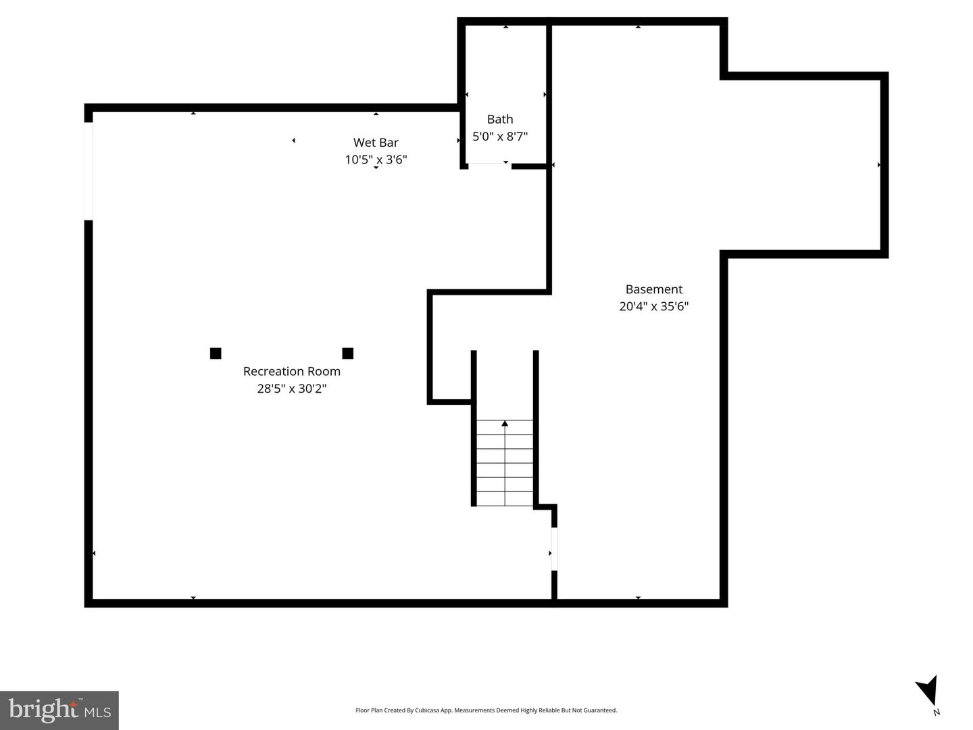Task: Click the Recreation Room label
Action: [x=291, y=371]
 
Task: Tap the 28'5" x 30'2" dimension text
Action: [x=291, y=389]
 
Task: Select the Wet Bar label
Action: [x=376, y=143]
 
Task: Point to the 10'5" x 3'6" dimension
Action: [x=376, y=160]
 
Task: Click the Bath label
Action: [x=500, y=119]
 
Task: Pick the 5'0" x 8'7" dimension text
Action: [x=500, y=136]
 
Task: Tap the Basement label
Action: [x=653, y=289]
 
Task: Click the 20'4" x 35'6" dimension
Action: [x=653, y=306]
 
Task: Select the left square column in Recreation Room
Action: [x=216, y=353]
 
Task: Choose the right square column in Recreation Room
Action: [x=348, y=353]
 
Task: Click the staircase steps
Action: [x=505, y=466]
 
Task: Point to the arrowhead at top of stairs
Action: [x=505, y=424]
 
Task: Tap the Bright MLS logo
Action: [x=59, y=710]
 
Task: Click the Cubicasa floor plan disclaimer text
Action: [x=486, y=710]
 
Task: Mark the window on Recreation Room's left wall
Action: [x=89, y=171]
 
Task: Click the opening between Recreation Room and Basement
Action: [x=554, y=549]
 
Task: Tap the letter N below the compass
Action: [x=937, y=712]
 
